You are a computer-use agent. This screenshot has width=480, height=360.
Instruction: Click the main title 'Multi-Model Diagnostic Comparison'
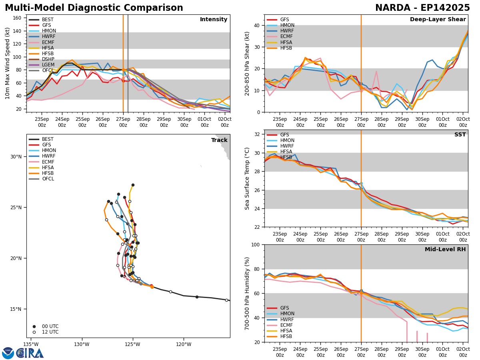coord(94,8)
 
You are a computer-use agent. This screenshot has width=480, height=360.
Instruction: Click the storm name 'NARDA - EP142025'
coord(422,8)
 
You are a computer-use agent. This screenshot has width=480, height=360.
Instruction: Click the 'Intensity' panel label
coord(214,20)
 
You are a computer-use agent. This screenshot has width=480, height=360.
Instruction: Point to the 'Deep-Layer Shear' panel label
coord(438,20)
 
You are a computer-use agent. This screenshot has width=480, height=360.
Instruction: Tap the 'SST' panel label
coord(460,135)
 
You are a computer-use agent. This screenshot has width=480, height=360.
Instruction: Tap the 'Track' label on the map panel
coord(219,140)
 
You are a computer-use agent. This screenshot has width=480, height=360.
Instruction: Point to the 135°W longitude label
coord(31,344)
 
